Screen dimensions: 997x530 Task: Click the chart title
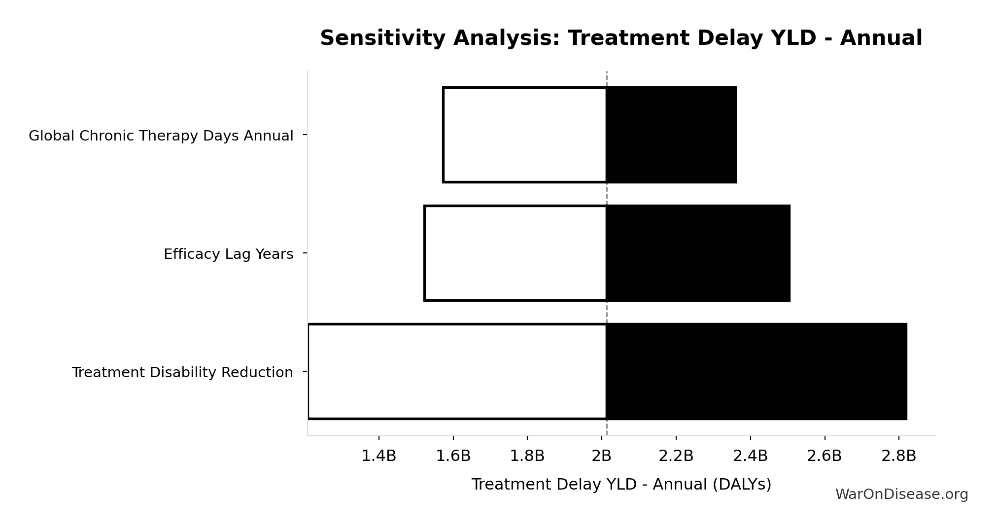[621, 38]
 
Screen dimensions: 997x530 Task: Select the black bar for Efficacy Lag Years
[698, 253]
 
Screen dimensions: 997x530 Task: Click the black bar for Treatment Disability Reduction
[756, 371]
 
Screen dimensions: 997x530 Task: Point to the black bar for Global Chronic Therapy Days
[671, 135]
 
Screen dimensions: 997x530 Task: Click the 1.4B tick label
[379, 456]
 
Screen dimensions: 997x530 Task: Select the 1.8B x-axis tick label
[527, 456]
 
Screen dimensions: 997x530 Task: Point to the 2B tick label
[602, 456]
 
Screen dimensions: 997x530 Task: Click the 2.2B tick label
[676, 456]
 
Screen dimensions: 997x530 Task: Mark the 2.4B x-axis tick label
[751, 456]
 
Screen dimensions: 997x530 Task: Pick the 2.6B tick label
[825, 456]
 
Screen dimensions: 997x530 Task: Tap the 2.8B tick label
[899, 456]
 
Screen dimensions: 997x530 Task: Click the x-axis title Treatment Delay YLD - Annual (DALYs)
[621, 485]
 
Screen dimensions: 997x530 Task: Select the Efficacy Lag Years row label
[229, 254]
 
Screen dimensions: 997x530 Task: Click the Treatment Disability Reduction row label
[182, 372]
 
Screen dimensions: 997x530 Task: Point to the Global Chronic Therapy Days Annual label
[161, 136]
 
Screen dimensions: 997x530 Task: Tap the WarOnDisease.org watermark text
[902, 495]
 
